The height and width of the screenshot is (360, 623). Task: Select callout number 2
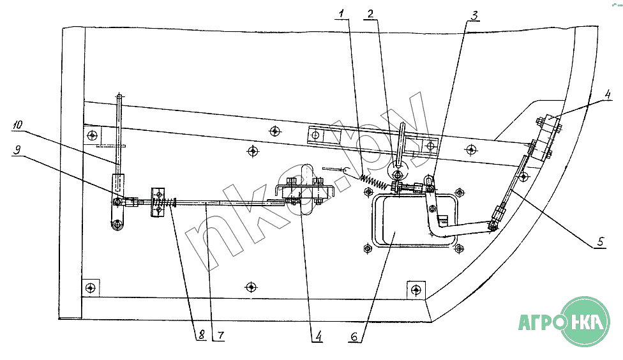point(371,13)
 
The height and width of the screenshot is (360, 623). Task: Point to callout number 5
point(600,243)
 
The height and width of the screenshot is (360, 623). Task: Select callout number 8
point(200,335)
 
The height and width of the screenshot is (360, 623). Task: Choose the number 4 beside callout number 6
point(316,335)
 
